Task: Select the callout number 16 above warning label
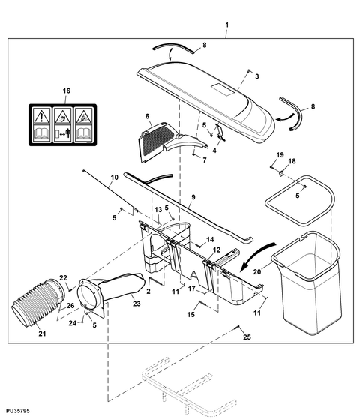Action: click(65, 91)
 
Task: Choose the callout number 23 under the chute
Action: click(136, 304)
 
